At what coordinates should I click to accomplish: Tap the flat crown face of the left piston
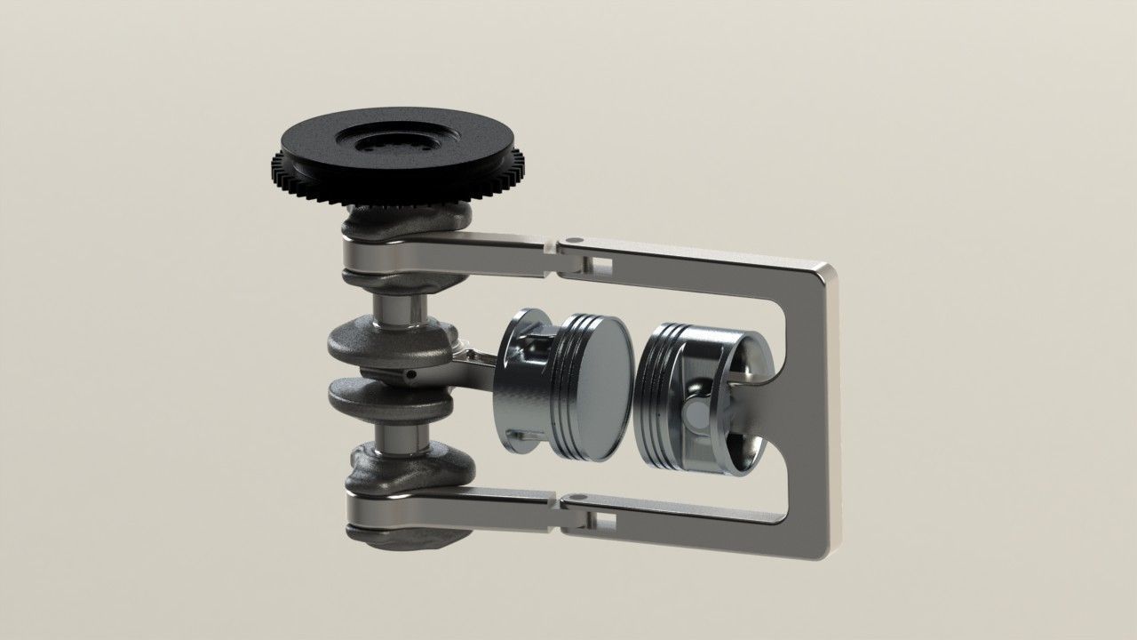[601, 386]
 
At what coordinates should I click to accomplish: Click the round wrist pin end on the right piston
[701, 414]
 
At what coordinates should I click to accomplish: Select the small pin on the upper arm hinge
[573, 240]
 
